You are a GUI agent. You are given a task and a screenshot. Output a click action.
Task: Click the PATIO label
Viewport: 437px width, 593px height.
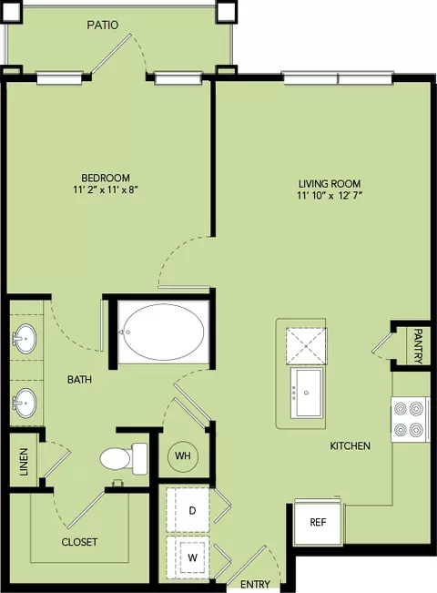[x=103, y=25]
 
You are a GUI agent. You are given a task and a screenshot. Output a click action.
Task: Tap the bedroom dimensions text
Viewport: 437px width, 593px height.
[x=105, y=189]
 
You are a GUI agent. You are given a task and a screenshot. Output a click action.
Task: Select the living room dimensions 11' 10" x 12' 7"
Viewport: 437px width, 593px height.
[x=330, y=196]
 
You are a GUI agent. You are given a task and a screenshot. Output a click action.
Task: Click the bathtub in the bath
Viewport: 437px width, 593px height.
[x=164, y=332]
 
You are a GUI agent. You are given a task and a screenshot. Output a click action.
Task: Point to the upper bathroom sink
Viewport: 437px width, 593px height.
[x=25, y=338]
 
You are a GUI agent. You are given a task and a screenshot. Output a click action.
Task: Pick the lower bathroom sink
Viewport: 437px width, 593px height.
[x=25, y=403]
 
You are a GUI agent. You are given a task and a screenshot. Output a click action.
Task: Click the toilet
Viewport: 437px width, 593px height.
[x=124, y=459]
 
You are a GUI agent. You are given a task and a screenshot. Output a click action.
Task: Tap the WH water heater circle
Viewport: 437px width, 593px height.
[x=183, y=455]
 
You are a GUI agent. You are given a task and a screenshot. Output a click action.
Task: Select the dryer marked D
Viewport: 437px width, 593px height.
[x=188, y=510]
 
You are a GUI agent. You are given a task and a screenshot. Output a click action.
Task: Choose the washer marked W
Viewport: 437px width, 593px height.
[x=188, y=557]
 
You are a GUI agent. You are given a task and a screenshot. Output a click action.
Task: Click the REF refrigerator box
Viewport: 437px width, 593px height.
[x=318, y=522]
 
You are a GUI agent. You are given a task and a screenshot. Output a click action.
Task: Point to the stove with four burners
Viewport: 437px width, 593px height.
[x=411, y=419]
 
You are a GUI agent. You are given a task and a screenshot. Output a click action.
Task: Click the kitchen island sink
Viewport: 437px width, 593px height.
[x=307, y=393]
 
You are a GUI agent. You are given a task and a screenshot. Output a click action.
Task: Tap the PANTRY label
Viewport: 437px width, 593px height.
[x=418, y=346]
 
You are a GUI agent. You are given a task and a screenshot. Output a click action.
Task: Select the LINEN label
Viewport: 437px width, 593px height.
[x=24, y=462]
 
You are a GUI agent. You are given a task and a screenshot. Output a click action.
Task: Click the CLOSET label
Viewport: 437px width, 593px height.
[x=79, y=542]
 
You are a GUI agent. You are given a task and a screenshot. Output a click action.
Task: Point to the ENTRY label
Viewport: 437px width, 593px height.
[x=255, y=584]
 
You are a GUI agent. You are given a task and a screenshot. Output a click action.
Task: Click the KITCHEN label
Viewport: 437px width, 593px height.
[x=350, y=445]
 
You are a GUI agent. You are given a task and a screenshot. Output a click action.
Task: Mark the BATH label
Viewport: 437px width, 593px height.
[x=79, y=379]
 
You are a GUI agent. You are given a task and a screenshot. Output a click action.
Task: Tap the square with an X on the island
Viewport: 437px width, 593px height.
[x=307, y=345]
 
